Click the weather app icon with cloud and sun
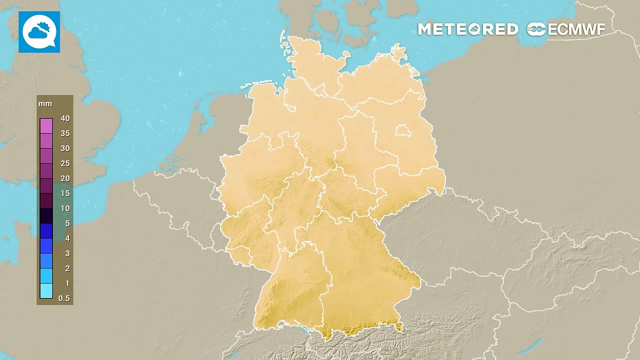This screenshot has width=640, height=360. (39, 32)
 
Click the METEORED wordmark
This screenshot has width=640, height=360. (467, 29)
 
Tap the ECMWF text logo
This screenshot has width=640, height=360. (576, 29)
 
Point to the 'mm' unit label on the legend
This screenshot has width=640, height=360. (45, 104)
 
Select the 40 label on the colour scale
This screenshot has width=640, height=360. (65, 118)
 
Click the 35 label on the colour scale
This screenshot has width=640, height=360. (65, 133)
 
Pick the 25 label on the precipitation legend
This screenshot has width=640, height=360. (65, 163)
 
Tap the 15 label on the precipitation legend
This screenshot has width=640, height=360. (65, 193)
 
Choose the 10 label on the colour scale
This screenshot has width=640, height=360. (65, 208)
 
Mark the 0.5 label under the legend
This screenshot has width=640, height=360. (64, 298)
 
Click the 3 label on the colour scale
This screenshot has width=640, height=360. (67, 253)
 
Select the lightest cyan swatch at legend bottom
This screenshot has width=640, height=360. (46, 291)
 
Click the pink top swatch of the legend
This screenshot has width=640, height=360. (46, 125)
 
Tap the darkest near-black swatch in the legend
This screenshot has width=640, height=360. (46, 215)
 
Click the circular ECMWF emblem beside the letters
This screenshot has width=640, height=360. (536, 29)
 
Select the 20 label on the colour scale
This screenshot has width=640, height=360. (65, 178)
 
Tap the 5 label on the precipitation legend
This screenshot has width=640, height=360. (67, 223)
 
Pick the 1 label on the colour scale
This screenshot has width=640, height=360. (67, 283)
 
